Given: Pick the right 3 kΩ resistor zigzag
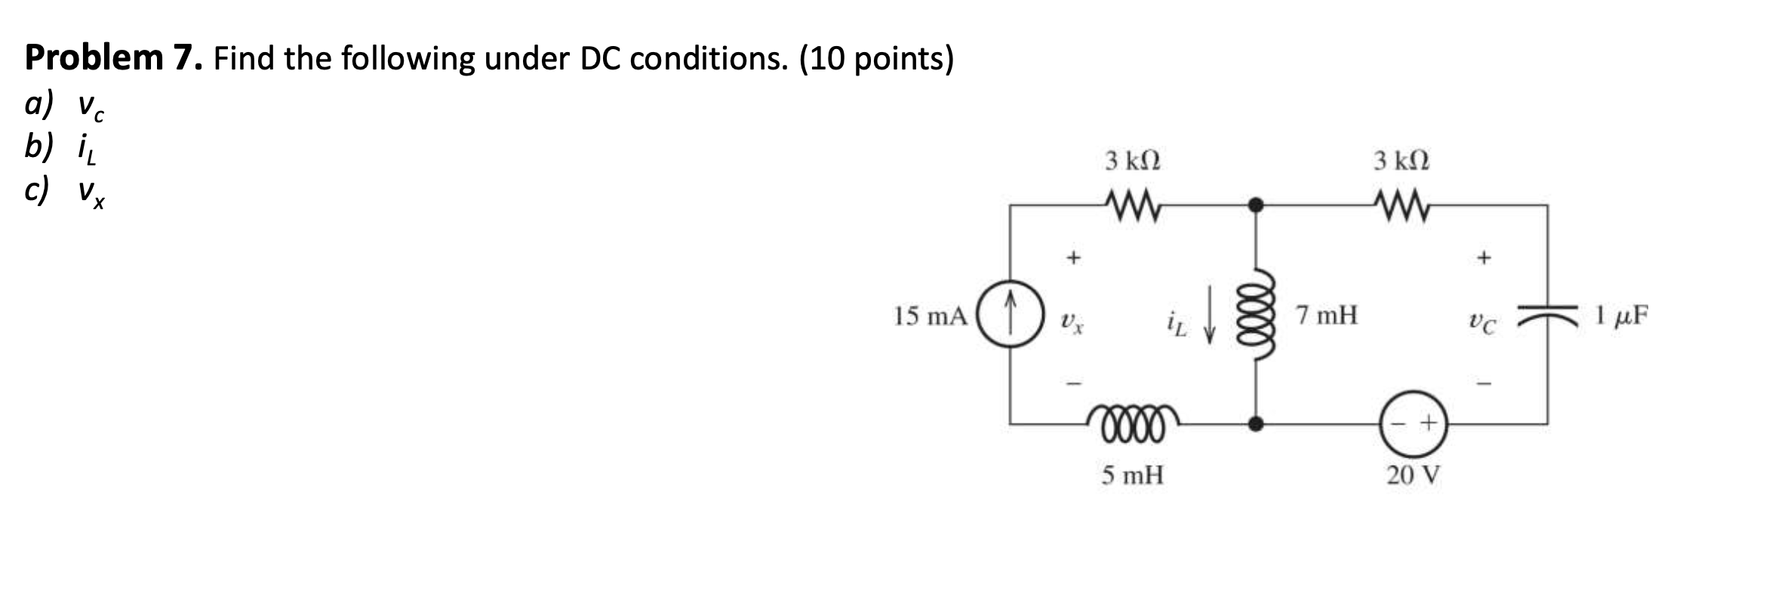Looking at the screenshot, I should pos(1401,204).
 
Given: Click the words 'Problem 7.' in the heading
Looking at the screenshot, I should pos(114,58).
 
